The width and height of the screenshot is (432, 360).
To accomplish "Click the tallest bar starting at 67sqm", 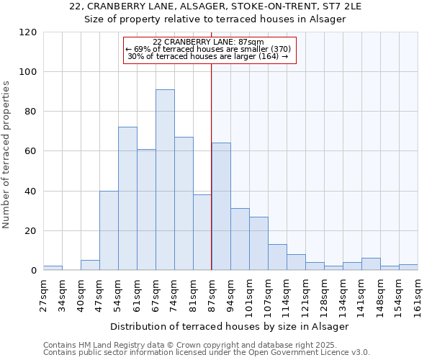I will point(165,180).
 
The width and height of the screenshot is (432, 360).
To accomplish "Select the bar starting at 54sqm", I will point(127,199).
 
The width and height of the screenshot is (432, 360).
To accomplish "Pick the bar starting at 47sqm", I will point(109,230).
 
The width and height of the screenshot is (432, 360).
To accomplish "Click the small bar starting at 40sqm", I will point(90,265).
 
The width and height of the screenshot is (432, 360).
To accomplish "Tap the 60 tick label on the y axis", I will point(30,151).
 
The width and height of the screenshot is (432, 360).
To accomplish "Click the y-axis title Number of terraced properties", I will point(7,154).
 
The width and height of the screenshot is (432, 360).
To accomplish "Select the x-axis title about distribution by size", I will point(230,326).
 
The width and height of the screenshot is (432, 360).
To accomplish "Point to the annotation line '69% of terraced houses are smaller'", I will point(208,49).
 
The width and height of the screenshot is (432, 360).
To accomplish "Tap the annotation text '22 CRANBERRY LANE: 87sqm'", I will point(208,42).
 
